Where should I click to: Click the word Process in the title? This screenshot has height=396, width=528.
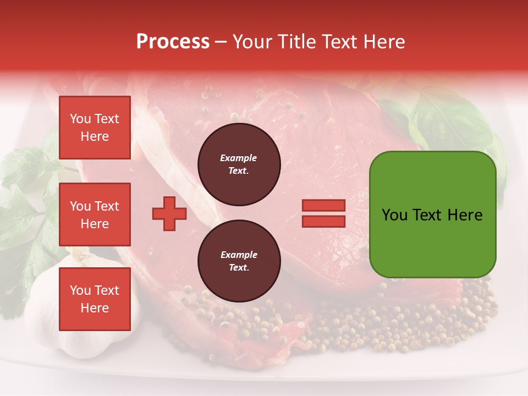[173, 42]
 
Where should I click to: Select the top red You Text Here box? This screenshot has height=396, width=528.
[95, 128]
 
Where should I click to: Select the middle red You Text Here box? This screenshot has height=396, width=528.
[95, 215]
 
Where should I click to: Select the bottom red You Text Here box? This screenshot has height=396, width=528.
[95, 299]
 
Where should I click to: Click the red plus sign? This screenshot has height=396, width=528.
[169, 213]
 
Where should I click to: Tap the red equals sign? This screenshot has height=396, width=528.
[323, 213]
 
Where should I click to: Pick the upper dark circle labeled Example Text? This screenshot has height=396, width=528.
[239, 164]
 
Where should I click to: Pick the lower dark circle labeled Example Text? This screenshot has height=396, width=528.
[239, 261]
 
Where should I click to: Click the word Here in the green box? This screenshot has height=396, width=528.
[465, 215]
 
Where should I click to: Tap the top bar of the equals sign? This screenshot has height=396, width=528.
[323, 206]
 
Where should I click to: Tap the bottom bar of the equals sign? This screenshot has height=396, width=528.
[323, 221]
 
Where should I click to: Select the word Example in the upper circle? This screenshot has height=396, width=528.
[239, 158]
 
